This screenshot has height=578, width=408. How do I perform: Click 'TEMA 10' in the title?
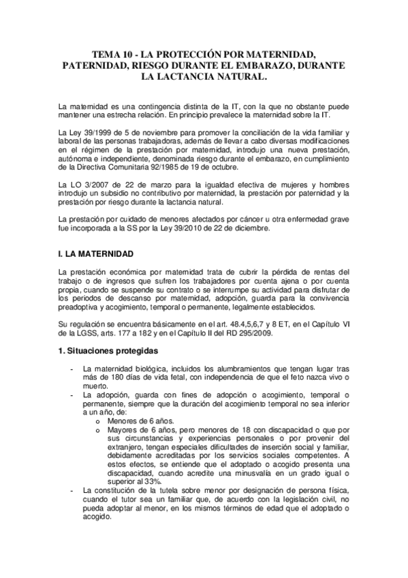[x=112, y=53]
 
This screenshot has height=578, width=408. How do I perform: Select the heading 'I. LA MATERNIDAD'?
[x=95, y=254]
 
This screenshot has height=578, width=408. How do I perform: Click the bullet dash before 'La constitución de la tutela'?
[x=73, y=490]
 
